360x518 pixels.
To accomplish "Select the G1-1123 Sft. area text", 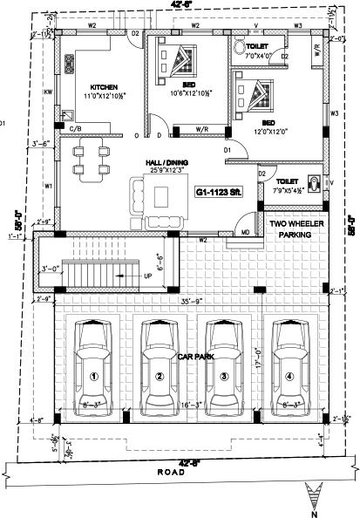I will pos(218,191).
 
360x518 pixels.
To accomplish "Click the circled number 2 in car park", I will pos(160,377).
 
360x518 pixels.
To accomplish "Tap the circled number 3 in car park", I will pos(224,377).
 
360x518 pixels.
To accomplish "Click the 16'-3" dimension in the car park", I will pos(192,404).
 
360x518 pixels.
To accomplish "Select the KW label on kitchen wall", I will pos(49,90).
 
